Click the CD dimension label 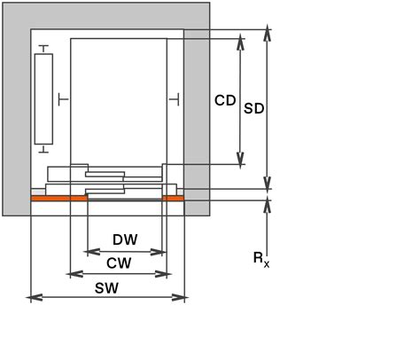coord(225,101)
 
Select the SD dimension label coord(254,108)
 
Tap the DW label coord(125,239)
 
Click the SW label coord(106,288)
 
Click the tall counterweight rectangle coord(43,98)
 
